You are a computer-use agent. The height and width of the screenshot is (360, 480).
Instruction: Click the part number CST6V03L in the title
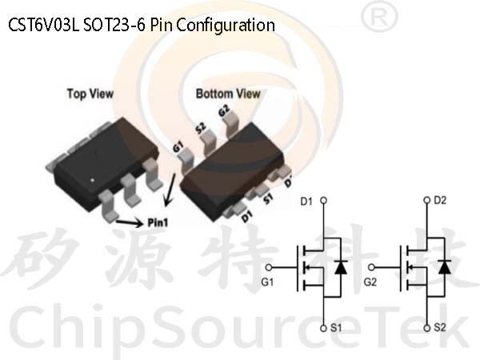pyautogui.click(x=44, y=25)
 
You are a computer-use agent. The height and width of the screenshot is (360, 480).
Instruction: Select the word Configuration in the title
pyautogui.click(x=226, y=26)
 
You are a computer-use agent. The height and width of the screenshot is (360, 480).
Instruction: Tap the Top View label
pyautogui.click(x=90, y=94)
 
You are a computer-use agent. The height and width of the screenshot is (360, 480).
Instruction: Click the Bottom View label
pyautogui.click(x=228, y=94)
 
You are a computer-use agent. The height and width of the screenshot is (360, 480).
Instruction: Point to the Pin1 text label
pyautogui.click(x=158, y=222)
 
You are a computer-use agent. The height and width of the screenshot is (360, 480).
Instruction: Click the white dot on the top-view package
pyautogui.click(x=93, y=180)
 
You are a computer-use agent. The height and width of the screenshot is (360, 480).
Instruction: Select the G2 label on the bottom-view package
pyautogui.click(x=224, y=111)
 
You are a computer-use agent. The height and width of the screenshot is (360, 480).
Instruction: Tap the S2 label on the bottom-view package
pyautogui.click(x=201, y=128)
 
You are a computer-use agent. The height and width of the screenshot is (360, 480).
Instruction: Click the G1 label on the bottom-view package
pyautogui.click(x=178, y=146)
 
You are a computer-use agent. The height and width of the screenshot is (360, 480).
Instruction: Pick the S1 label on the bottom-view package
pyautogui.click(x=268, y=199)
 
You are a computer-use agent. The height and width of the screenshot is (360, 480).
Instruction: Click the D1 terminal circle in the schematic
pyautogui.click(x=323, y=201)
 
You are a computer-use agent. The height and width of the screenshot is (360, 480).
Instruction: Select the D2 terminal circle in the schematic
pyautogui.click(x=427, y=200)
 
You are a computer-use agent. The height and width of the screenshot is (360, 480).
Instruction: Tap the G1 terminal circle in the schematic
pyautogui.click(x=269, y=267)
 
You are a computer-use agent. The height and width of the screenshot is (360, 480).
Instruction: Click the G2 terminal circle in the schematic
pyautogui.click(x=371, y=267)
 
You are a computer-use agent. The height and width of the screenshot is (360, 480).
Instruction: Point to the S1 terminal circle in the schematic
pyautogui.click(x=323, y=328)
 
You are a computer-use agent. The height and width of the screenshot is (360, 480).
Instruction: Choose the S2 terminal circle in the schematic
pyautogui.click(x=427, y=328)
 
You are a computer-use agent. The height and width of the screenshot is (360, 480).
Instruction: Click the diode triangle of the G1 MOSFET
pyautogui.click(x=341, y=267)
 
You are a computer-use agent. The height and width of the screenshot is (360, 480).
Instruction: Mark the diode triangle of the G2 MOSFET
pyautogui.click(x=444, y=267)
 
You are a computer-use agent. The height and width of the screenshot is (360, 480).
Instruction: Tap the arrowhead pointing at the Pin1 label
pyautogui.click(x=138, y=223)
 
